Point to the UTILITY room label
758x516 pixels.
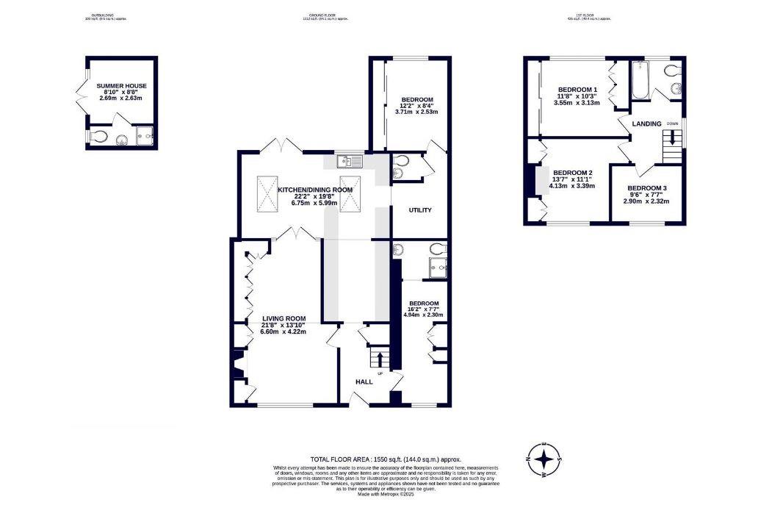tap(420, 210)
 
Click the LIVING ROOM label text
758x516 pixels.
tap(283, 318)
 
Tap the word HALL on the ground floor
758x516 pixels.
tap(364, 382)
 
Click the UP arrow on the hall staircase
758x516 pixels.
tap(380, 361)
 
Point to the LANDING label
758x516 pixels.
tap(647, 123)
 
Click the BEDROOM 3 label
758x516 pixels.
tap(647, 188)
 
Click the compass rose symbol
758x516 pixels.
tap(544, 460)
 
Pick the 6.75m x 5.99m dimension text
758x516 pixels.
tap(314, 204)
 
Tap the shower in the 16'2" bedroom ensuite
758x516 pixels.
tap(438, 269)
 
